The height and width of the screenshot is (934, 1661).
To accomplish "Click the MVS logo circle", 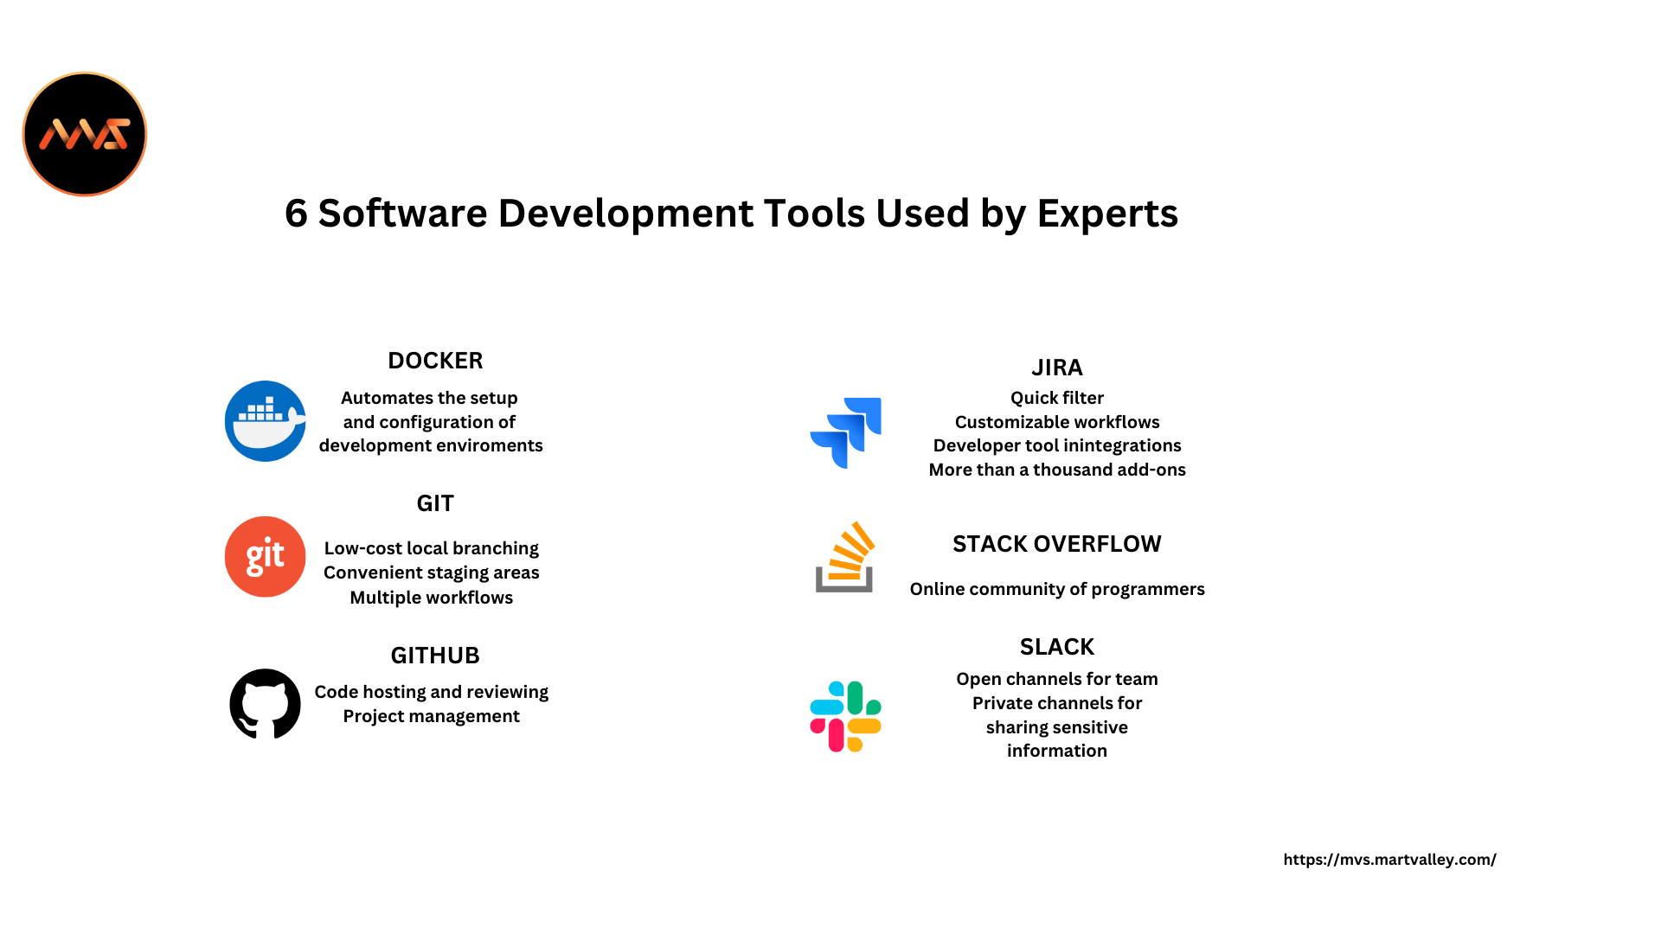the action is [85, 134].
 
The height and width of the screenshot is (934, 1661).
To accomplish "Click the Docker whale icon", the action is [265, 421].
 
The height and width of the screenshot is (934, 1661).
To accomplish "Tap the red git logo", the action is [265, 557].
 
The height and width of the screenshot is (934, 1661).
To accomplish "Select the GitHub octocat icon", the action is [265, 704].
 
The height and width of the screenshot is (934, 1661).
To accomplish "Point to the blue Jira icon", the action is [845, 432].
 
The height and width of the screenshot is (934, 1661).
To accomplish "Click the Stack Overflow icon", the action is [845, 557].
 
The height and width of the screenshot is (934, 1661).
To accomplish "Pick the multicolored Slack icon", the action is [845, 716].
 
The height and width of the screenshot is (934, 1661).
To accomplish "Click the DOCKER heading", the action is [435, 361].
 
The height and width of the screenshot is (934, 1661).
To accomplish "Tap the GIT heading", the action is [435, 503].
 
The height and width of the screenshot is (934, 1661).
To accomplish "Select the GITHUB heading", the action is [435, 656].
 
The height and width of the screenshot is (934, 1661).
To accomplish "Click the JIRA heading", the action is [1057, 368].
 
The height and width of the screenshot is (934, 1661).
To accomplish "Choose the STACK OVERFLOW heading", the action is [1057, 544].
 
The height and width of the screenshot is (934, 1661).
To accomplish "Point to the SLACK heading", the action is [1057, 647].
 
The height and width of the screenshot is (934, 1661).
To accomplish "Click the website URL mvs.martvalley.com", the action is [1389, 860].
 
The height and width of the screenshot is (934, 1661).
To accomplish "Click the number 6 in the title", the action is [296, 214].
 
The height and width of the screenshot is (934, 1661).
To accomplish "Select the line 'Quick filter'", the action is [1057, 398].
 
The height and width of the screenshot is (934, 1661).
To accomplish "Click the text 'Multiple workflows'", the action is [431, 598].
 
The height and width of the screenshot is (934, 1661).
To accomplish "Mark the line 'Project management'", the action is [431, 717].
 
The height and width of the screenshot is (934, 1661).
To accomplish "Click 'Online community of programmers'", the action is [1057, 590].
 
